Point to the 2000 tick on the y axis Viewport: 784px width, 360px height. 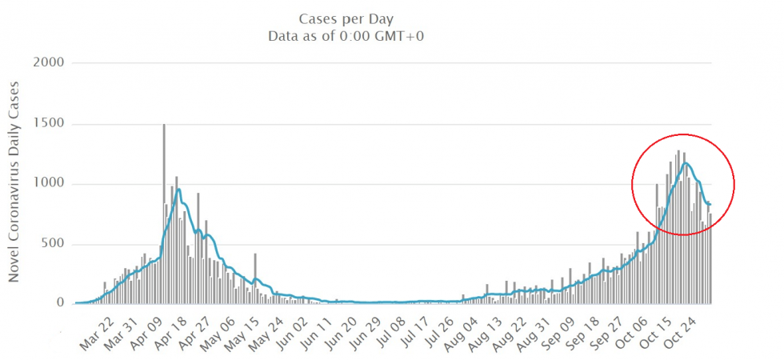tap(50, 62)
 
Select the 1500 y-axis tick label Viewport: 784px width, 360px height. tap(50, 124)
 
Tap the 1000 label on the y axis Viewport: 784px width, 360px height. tap(50, 184)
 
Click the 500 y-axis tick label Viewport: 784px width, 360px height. tap(54, 244)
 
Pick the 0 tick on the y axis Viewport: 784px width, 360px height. tap(61, 303)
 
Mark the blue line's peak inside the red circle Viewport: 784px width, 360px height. tap(686, 163)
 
